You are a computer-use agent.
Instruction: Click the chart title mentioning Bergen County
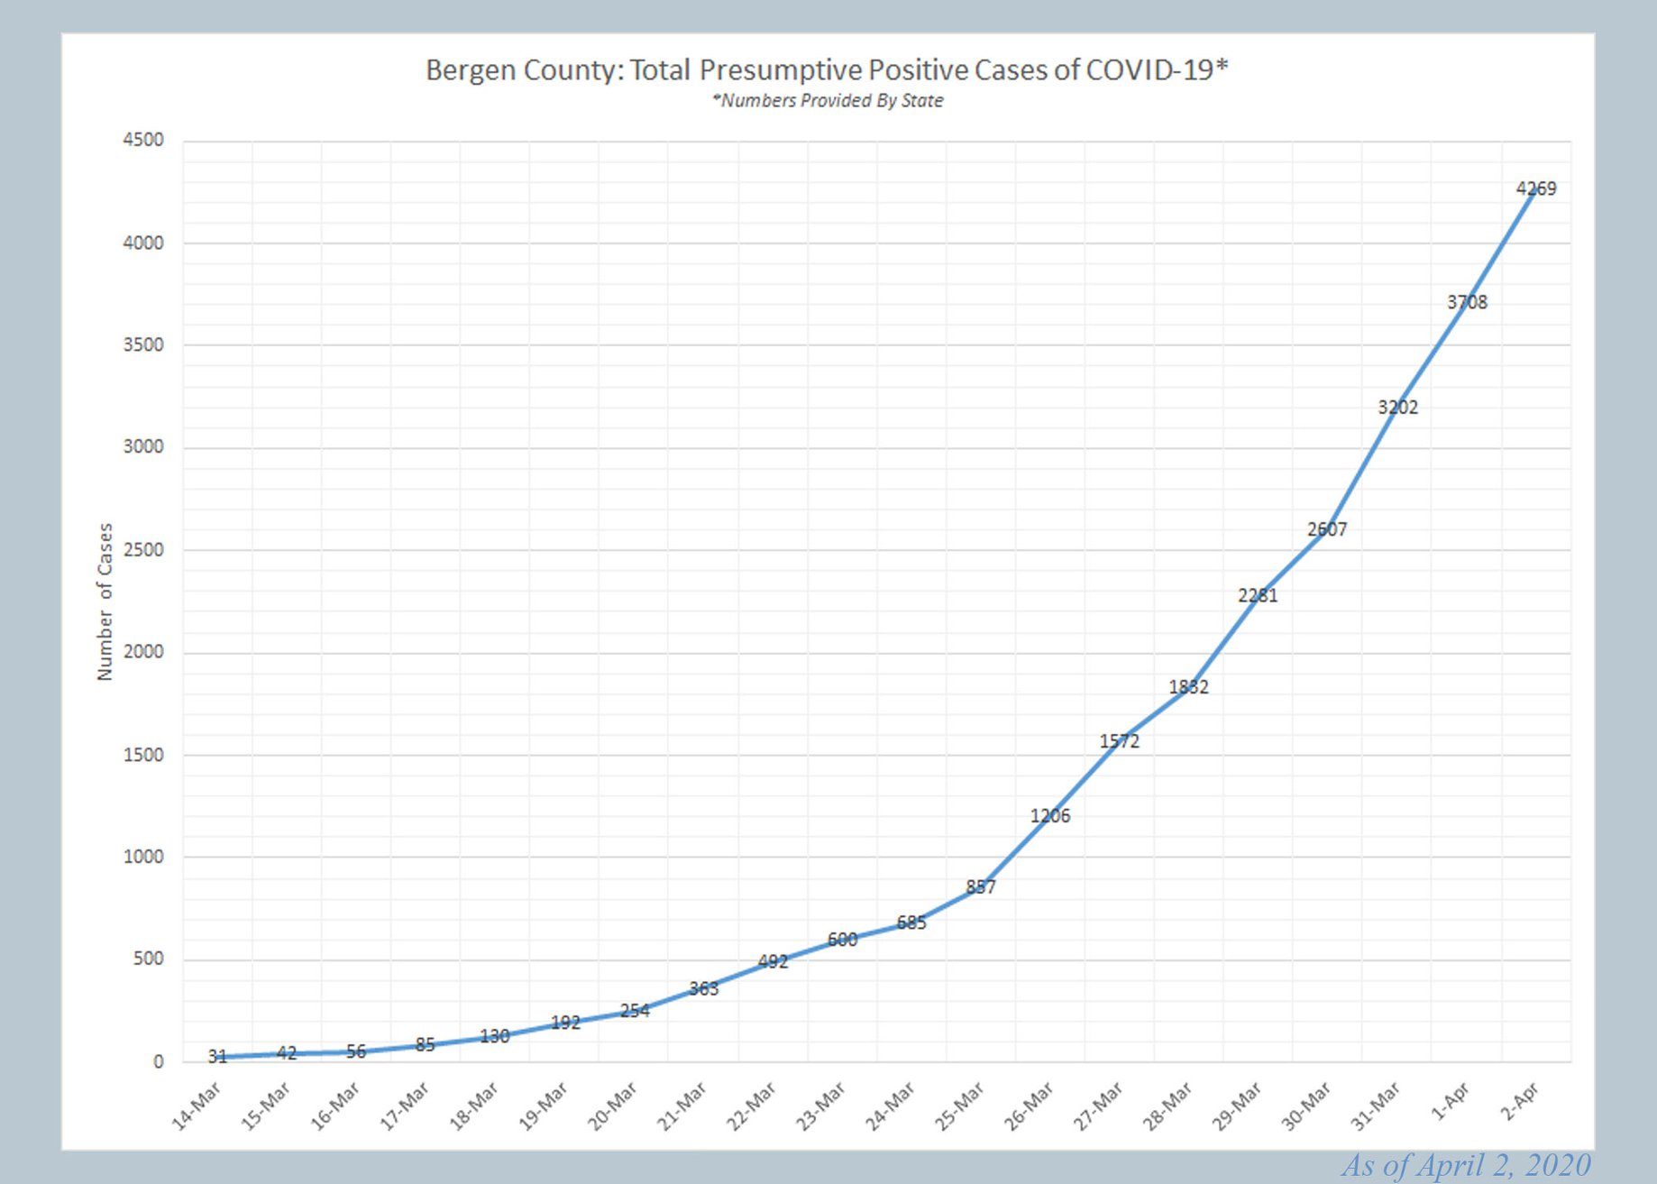coord(827,70)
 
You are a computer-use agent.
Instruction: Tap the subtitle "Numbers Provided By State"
coord(828,100)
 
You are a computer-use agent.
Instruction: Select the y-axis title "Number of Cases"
coord(105,601)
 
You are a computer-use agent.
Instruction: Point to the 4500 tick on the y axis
coord(143,140)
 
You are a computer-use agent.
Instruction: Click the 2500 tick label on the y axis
coord(143,549)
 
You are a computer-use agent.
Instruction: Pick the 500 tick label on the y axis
coord(148,959)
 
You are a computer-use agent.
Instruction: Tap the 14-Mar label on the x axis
coord(197,1106)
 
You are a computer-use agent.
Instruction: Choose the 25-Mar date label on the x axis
coord(959,1106)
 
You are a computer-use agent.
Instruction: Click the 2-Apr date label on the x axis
coord(1520,1102)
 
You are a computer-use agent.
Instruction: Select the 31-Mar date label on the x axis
coord(1376,1106)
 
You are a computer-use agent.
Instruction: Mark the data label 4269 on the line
coord(1536,188)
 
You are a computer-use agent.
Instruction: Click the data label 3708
coord(1467,302)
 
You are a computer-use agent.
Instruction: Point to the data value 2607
coord(1327,529)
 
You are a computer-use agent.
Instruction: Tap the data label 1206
coord(1050,816)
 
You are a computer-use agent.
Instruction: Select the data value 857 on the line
coord(981,886)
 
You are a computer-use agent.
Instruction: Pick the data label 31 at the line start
coord(217,1056)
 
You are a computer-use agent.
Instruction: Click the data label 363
coord(704,988)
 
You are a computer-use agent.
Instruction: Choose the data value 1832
coord(1188,687)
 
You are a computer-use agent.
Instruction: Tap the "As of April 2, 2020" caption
coord(1466,1165)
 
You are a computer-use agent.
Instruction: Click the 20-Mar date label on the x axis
coord(613,1106)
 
